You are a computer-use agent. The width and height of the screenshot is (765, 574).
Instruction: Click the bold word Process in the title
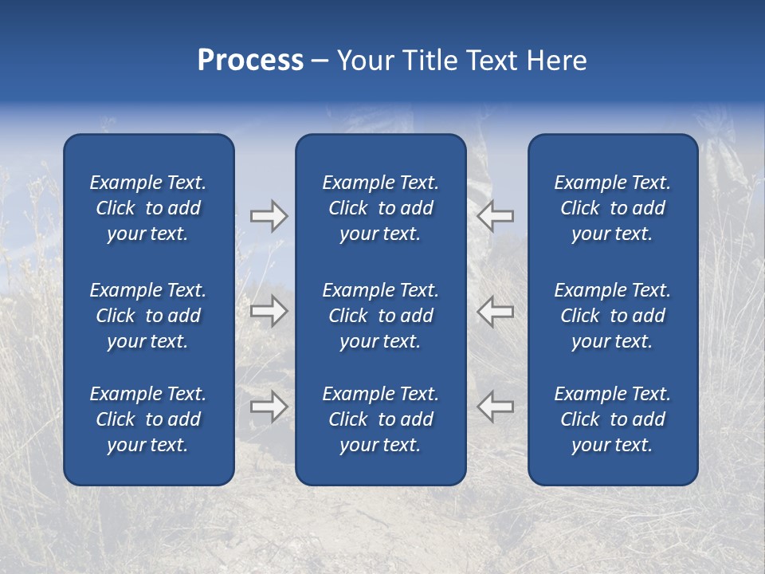tap(250, 61)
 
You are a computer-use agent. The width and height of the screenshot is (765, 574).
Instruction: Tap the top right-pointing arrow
tap(269, 216)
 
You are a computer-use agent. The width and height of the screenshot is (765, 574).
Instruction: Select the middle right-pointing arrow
tap(269, 311)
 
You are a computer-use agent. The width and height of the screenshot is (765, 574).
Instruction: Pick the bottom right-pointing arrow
tap(269, 407)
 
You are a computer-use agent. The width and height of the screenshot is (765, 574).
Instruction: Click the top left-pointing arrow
tap(495, 216)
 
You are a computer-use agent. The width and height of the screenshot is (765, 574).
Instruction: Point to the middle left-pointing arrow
tap(495, 311)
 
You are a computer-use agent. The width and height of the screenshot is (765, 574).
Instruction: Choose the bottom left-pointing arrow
tap(495, 407)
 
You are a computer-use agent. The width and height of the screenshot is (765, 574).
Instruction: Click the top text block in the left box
tap(148, 208)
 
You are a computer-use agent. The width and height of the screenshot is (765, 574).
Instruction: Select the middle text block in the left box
tap(148, 316)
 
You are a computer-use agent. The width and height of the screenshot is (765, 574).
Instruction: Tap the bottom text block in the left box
tap(148, 419)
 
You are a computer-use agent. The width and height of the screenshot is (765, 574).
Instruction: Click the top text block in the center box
tap(380, 208)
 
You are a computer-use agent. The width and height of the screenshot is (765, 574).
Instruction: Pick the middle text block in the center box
tap(380, 316)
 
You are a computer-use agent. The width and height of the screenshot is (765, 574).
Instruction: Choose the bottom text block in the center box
tap(380, 419)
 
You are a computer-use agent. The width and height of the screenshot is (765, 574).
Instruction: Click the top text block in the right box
tap(612, 208)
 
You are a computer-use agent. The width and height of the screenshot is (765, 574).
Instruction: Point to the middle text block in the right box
tap(612, 316)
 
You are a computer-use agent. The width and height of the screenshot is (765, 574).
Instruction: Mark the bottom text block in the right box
tap(612, 419)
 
